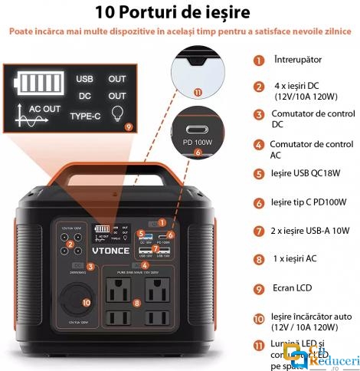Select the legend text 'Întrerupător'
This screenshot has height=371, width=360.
298,59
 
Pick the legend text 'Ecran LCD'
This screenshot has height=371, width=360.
294,289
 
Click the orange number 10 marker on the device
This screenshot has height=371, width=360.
86,302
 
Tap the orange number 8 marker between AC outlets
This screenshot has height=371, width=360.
137,304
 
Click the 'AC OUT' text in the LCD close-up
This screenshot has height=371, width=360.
44,110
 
